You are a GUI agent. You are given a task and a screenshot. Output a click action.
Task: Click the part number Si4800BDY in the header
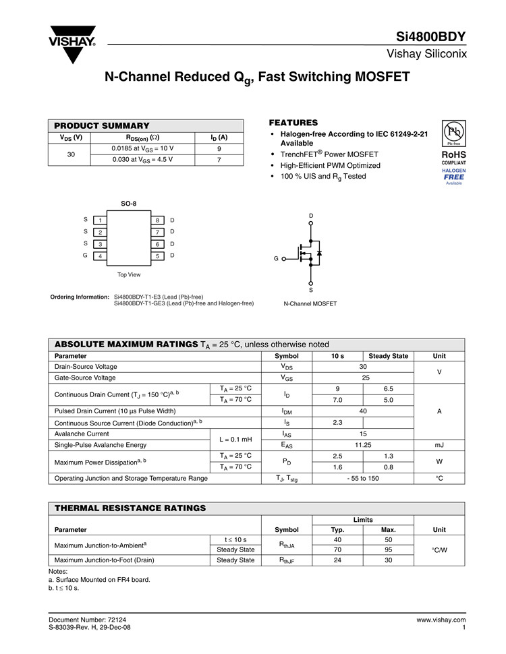pyautogui.click(x=432, y=36)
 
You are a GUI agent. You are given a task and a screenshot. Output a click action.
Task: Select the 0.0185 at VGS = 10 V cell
pyautogui.click(x=142, y=148)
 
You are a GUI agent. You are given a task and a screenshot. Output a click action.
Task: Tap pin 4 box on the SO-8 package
pyautogui.click(x=100, y=256)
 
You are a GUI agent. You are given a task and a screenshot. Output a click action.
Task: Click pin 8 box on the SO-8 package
pyautogui.click(x=157, y=220)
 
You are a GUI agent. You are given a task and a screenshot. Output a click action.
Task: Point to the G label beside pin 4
pyautogui.click(x=85, y=256)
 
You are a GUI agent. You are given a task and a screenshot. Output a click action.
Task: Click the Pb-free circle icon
pyautogui.click(x=453, y=132)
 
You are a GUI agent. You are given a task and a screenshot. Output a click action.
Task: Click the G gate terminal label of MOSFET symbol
pyautogui.click(x=276, y=258)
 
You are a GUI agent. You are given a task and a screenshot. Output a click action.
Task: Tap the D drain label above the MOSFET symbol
pyautogui.click(x=311, y=216)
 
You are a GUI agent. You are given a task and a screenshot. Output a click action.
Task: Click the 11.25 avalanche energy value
pyautogui.click(x=363, y=445)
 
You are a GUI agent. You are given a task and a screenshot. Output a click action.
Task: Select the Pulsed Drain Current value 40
pyautogui.click(x=363, y=411)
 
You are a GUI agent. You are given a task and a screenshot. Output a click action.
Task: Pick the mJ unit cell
pyautogui.click(x=439, y=445)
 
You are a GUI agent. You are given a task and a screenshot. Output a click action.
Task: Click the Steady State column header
pyautogui.click(x=388, y=356)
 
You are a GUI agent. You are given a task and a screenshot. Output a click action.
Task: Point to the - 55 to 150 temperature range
pyautogui.click(x=363, y=478)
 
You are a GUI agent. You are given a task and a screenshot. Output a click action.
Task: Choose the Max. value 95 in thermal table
pyautogui.click(x=388, y=550)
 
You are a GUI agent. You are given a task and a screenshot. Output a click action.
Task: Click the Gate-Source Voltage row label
pyautogui.click(x=86, y=378)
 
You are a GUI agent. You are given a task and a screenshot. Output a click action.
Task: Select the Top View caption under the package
pyautogui.click(x=129, y=274)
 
